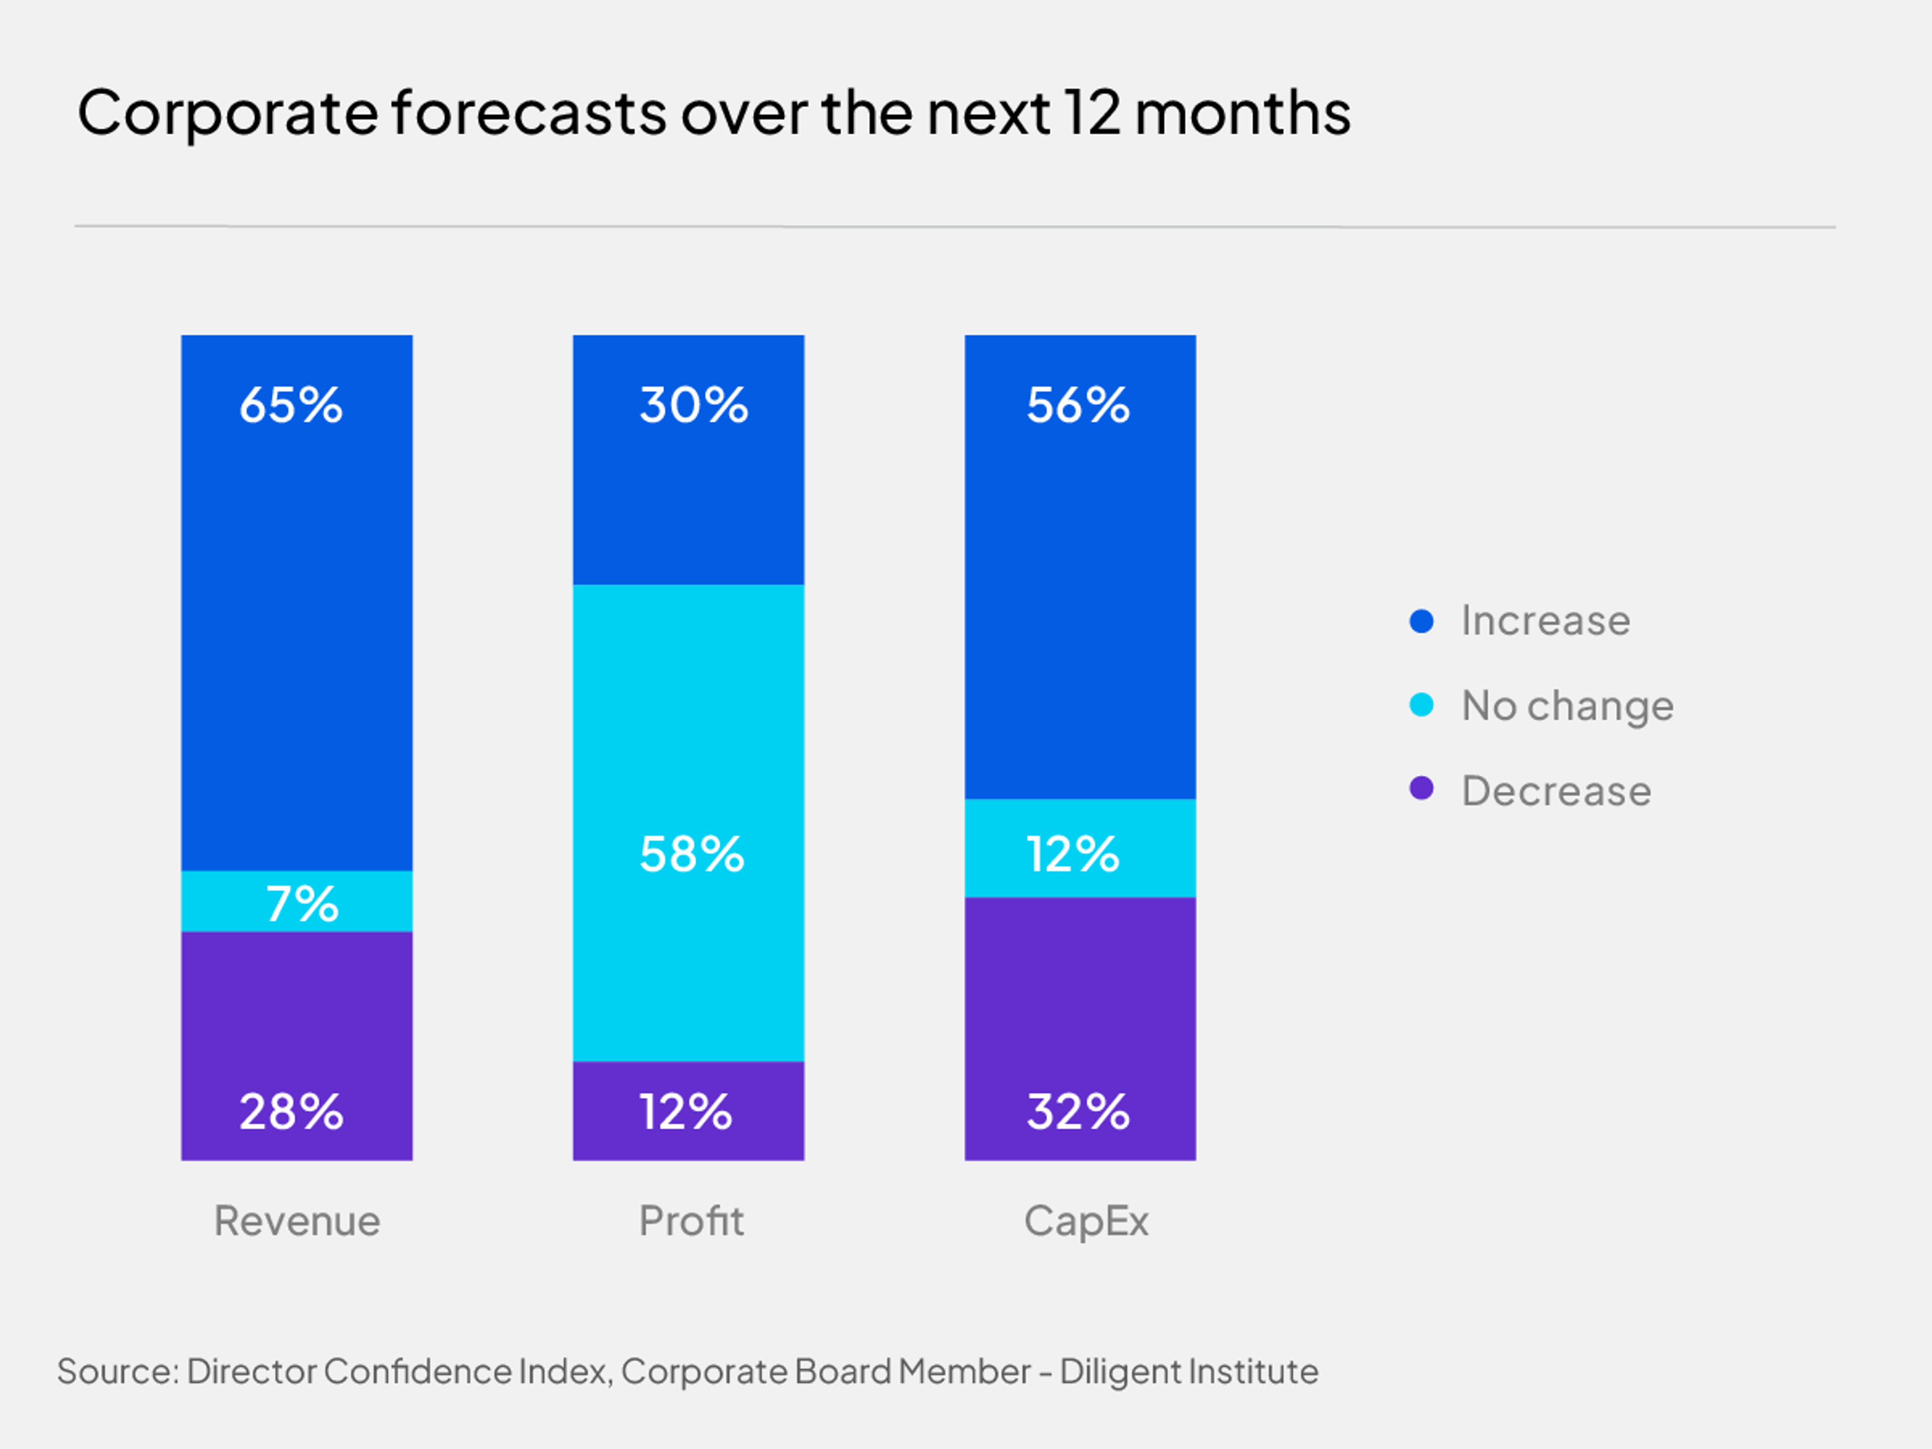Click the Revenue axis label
coord(297,1221)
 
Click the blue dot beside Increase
coord(1421,621)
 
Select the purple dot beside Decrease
coord(1421,789)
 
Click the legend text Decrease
coord(1557,791)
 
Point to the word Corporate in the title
coord(227,114)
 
